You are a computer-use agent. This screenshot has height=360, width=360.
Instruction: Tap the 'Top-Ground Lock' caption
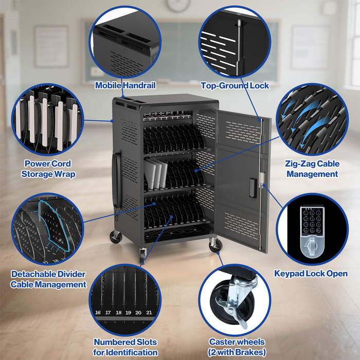235,86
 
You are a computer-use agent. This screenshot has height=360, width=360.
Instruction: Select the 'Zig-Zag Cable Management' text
312,169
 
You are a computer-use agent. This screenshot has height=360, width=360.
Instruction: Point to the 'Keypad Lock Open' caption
310,274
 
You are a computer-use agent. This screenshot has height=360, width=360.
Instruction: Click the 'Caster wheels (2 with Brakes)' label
237,347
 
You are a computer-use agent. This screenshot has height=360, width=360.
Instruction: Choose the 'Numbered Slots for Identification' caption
125,347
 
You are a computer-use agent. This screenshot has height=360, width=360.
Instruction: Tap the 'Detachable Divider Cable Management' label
48,279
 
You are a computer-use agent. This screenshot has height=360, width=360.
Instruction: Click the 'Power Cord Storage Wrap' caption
48,169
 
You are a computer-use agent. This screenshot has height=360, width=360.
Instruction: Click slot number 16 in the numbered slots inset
98,312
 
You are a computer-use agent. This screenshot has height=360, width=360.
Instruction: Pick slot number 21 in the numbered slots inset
149,312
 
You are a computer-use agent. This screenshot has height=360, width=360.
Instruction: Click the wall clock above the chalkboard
178,5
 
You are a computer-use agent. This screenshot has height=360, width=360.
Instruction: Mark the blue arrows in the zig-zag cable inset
303,121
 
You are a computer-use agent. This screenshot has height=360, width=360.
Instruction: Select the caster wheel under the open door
214,245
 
